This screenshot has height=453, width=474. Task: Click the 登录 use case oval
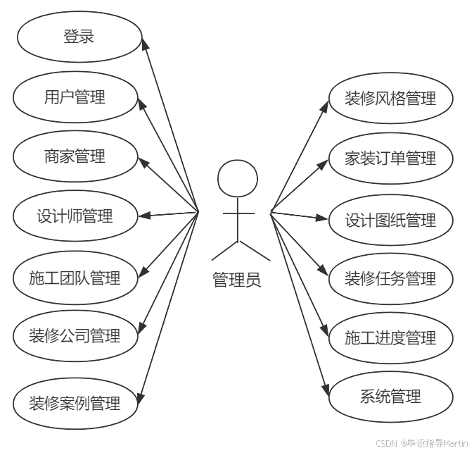[x=79, y=37]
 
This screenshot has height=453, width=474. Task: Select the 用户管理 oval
[x=75, y=97]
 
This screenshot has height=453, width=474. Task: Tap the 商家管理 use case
[x=75, y=156]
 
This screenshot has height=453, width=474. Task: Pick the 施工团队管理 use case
[x=75, y=278]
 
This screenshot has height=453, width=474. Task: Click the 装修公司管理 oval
[x=75, y=335]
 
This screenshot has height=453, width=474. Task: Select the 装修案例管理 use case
[x=75, y=403]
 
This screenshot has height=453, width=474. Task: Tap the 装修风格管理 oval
[x=390, y=99]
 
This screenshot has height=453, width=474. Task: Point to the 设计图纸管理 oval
[x=390, y=221]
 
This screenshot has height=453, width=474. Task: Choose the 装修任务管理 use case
[x=390, y=279]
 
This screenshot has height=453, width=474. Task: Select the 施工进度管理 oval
[x=390, y=338]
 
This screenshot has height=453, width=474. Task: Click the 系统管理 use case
[x=390, y=397]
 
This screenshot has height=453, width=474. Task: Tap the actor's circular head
[x=238, y=179]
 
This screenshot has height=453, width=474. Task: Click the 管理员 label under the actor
[x=237, y=280]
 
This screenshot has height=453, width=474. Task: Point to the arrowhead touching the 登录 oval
[x=145, y=44]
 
